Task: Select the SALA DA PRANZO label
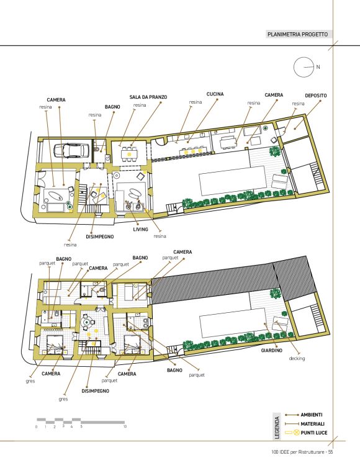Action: coord(148,97)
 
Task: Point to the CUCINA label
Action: coord(215,94)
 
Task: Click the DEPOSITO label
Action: coord(315,96)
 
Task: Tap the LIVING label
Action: coord(141,229)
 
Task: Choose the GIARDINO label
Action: coord(272,351)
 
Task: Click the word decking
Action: coord(297,359)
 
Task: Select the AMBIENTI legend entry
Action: coord(312,415)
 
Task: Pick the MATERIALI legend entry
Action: coord(312,424)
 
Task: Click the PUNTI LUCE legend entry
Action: coord(313,433)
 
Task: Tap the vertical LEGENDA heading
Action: coord(277,427)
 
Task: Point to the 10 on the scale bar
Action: coord(125,426)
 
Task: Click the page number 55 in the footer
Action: coord(330,452)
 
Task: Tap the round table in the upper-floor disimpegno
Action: coord(86,322)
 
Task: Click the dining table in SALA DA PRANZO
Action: coord(129,154)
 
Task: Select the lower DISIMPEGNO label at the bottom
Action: coord(95,390)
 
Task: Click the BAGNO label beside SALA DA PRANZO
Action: coord(112,107)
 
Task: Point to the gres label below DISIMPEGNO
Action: coord(63,399)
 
